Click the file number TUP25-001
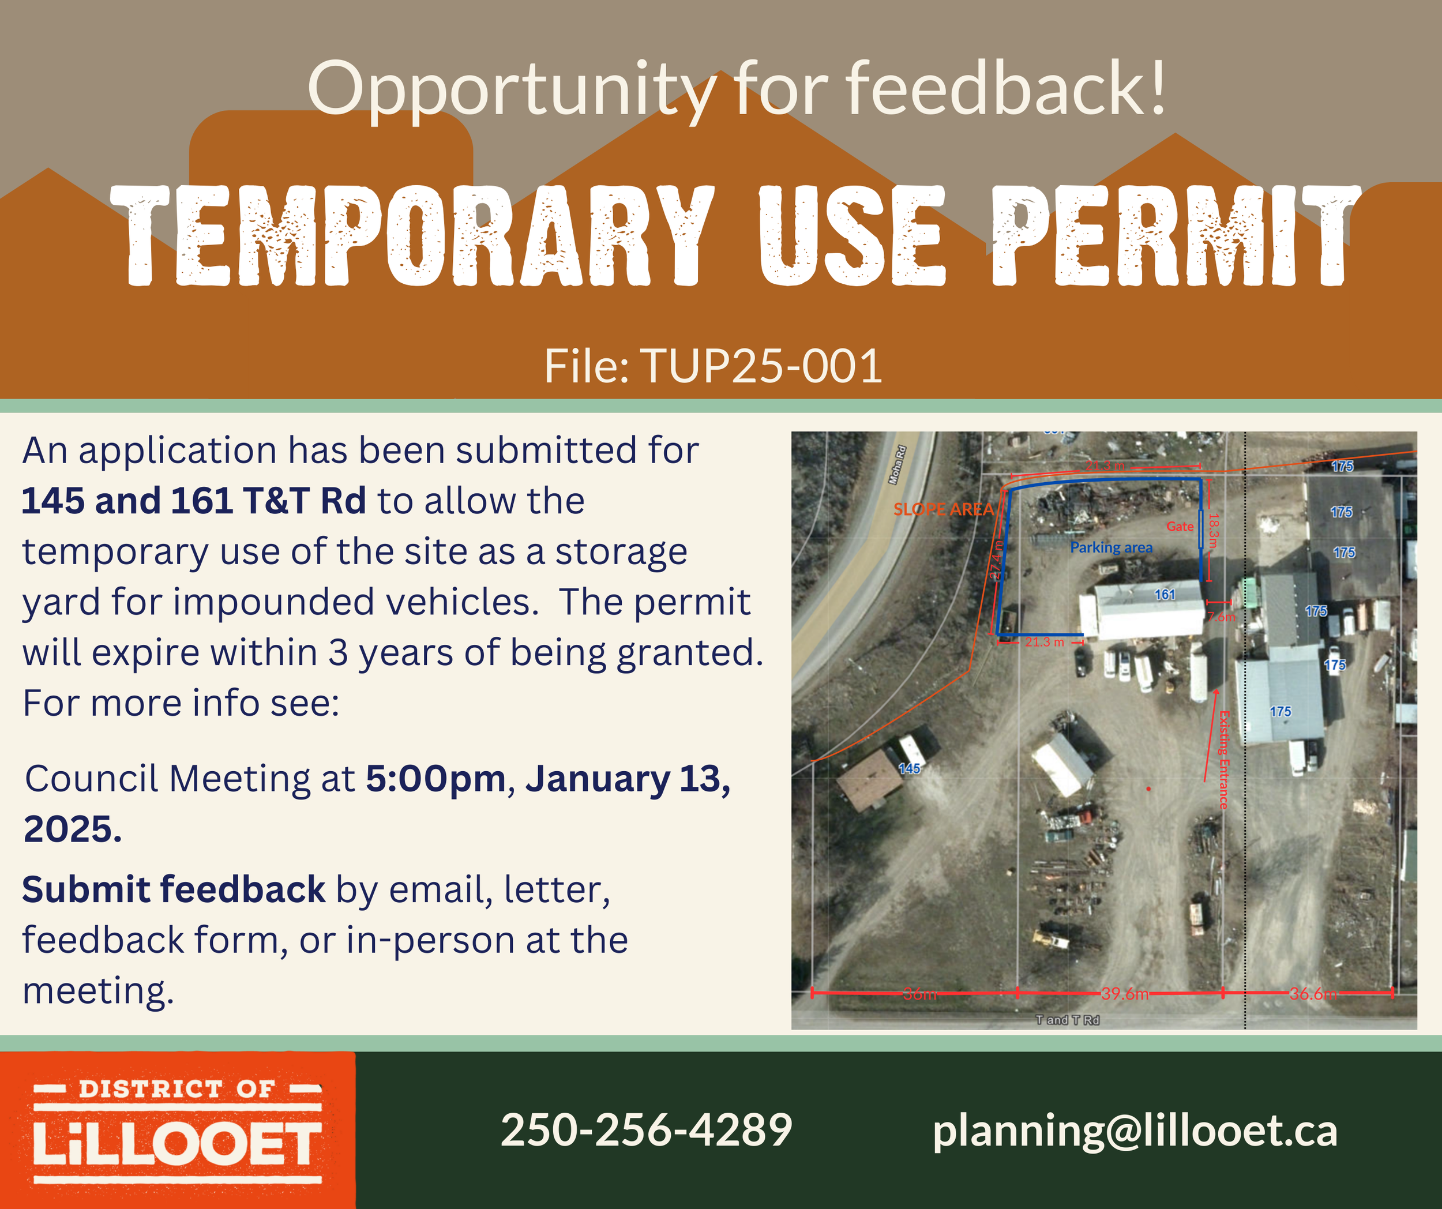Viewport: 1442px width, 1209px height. pos(761,366)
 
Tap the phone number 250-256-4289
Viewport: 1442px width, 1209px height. pos(646,1130)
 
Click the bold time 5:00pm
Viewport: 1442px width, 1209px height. pos(435,779)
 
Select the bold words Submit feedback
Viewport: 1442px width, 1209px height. pos(174,890)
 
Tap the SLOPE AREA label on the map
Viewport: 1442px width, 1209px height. pos(943,509)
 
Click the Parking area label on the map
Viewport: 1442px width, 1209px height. pos(1111,547)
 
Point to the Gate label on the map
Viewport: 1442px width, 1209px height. pos(1180,527)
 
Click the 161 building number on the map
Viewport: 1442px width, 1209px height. pos(1165,595)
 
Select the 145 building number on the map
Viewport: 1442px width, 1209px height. pos(909,768)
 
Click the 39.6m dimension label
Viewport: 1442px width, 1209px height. pos(1124,993)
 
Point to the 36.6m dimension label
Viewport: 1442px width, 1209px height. pos(1312,993)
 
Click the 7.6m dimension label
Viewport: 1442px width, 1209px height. pos(1221,617)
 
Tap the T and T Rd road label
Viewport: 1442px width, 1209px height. pos(1067,1020)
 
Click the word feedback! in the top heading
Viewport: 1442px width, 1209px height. pos(1005,89)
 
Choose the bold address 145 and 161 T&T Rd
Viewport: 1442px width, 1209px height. pos(194,501)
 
